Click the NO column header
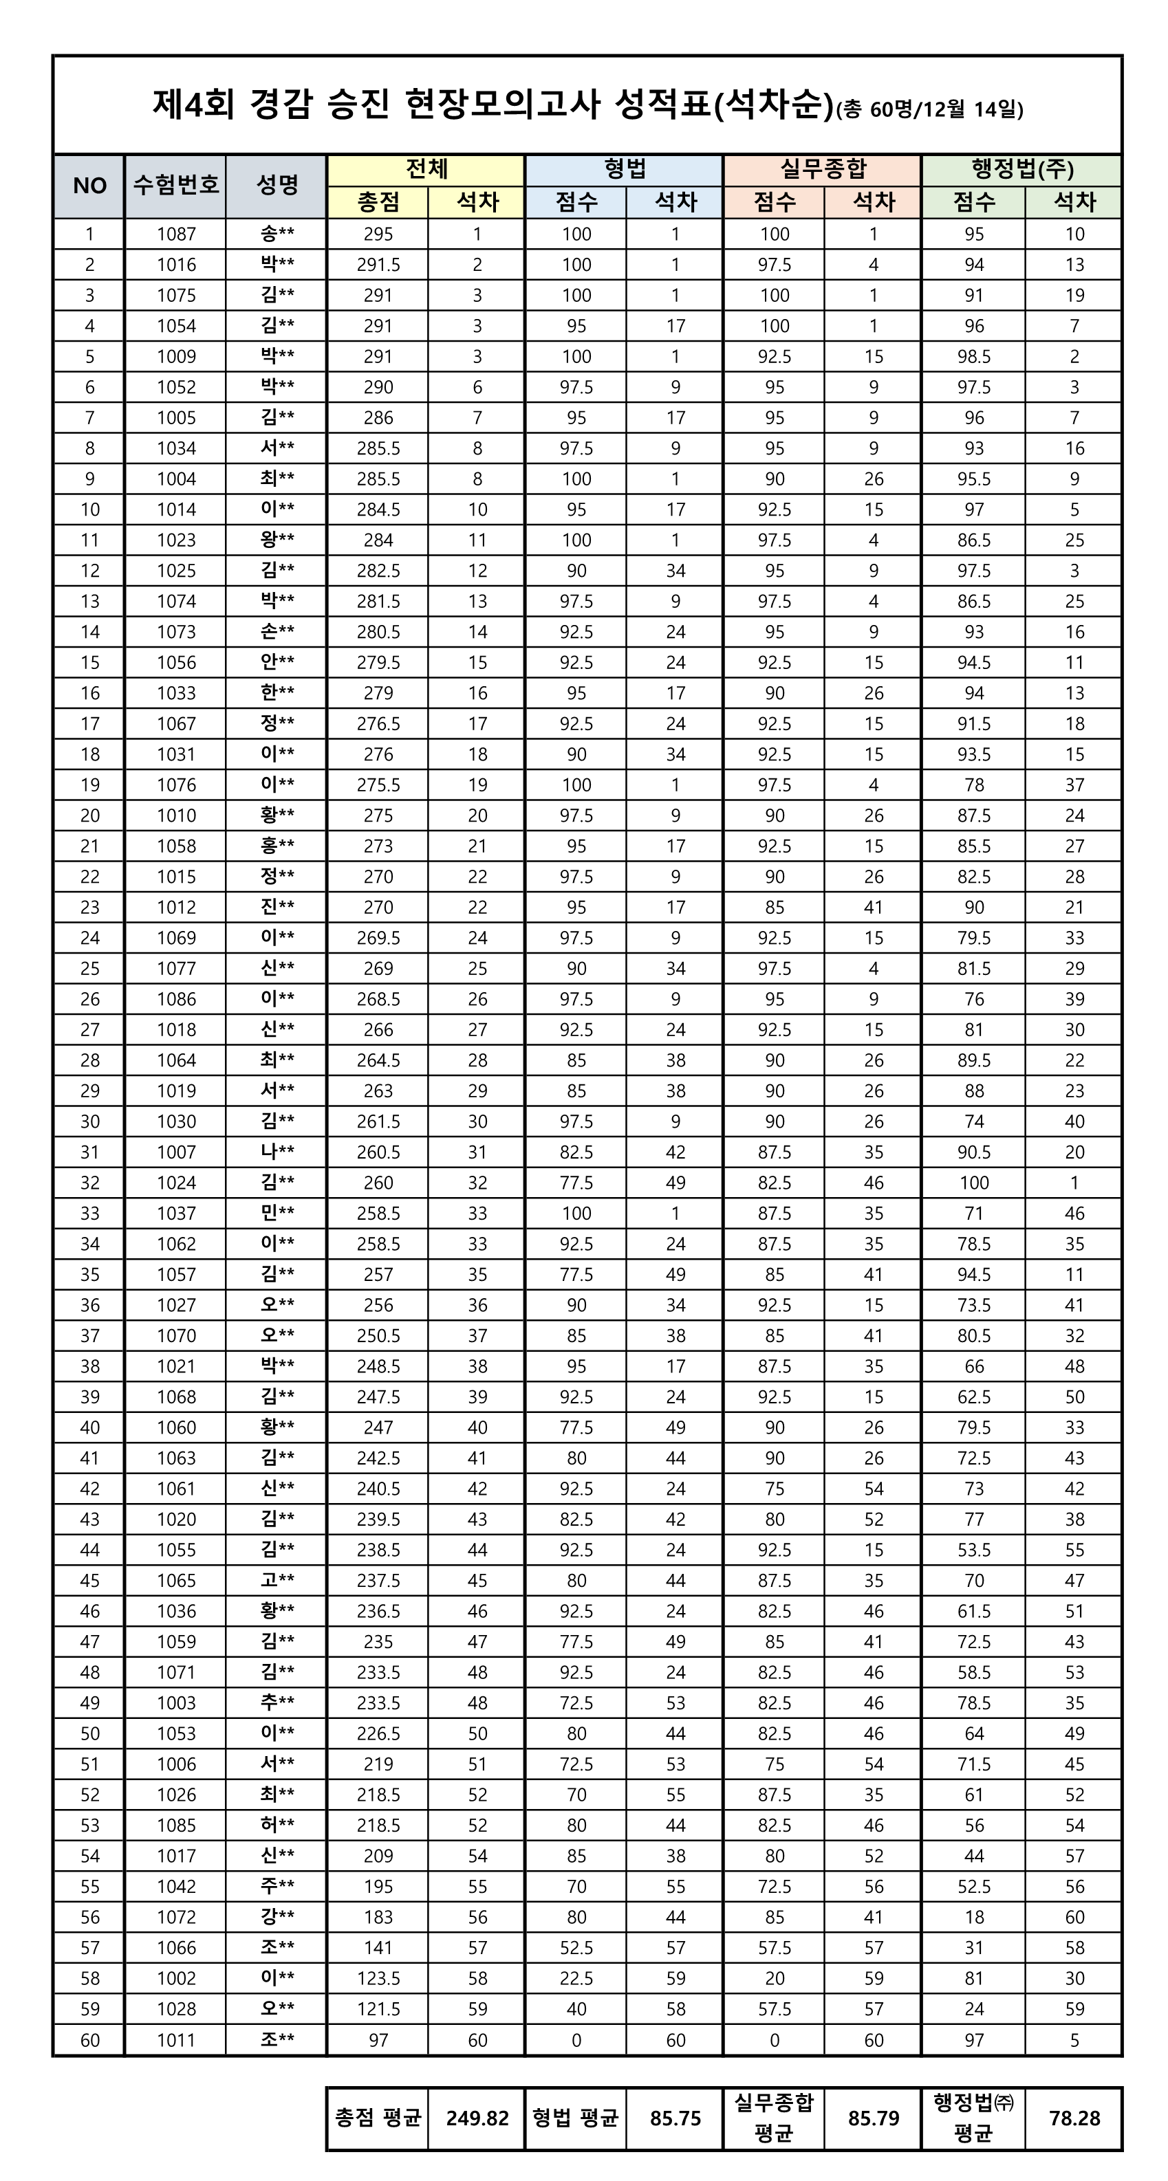[x=89, y=186]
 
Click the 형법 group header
[x=624, y=169]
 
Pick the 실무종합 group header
[x=823, y=169]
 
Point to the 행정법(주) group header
[x=1021, y=169]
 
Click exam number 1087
[x=175, y=234]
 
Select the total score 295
[x=378, y=234]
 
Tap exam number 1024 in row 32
[x=175, y=1183]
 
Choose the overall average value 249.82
[x=477, y=2118]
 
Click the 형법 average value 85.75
[x=675, y=2118]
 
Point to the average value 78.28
[x=1074, y=2118]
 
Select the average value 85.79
[x=873, y=2118]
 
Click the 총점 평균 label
[x=378, y=2118]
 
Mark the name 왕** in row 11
[x=277, y=540]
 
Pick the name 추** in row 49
[x=277, y=1702]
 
